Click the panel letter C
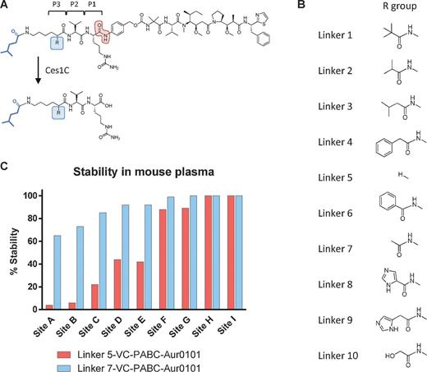6,166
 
